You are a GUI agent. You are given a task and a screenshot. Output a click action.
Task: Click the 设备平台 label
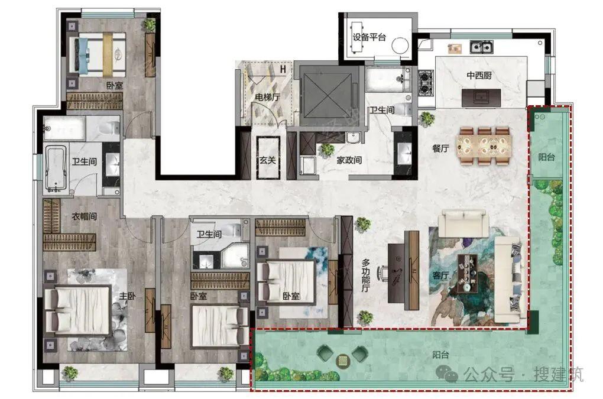tap(369, 37)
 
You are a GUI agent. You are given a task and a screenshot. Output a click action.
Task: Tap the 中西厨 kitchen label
tap(479, 75)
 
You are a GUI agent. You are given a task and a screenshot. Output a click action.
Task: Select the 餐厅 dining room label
tap(440, 148)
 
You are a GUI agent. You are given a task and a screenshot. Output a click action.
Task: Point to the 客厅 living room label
tap(440, 275)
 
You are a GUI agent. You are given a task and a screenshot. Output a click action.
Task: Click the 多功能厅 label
tap(366, 275)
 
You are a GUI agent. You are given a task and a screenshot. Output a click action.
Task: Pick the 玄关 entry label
tap(268, 160)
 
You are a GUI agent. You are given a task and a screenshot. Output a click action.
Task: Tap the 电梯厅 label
tap(267, 98)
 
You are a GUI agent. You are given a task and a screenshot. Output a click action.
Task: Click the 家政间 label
tap(349, 160)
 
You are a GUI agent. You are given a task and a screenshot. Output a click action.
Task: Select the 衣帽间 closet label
tap(84, 216)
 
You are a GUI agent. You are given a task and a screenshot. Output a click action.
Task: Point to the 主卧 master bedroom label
tap(127, 296)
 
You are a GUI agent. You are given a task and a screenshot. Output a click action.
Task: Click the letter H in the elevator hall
tap(283, 70)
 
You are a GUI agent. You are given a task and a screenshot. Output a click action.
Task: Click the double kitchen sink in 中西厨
tap(481, 47)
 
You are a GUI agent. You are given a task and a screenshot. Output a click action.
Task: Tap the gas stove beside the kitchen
tap(426, 83)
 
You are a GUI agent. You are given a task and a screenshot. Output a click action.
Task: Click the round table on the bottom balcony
tap(342, 360)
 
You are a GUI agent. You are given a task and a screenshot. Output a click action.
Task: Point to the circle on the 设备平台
tap(400, 46)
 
